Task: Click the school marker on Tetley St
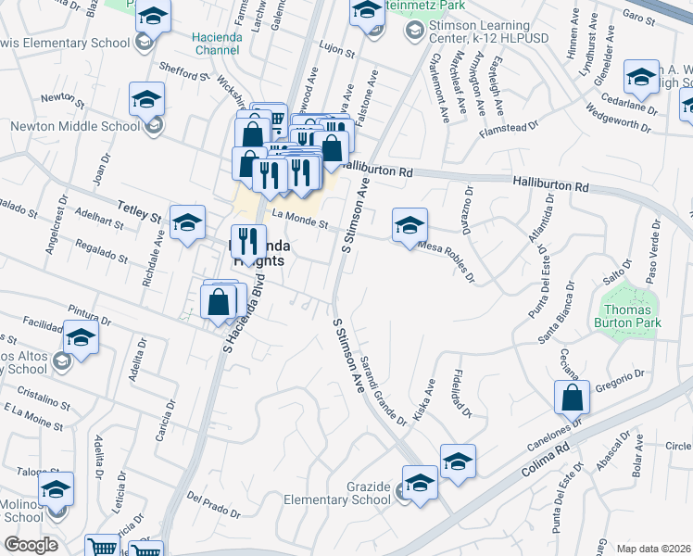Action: click(187, 223)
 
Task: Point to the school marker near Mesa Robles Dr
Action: click(409, 225)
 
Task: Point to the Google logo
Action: click(31, 545)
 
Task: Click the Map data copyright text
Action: click(653, 548)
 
